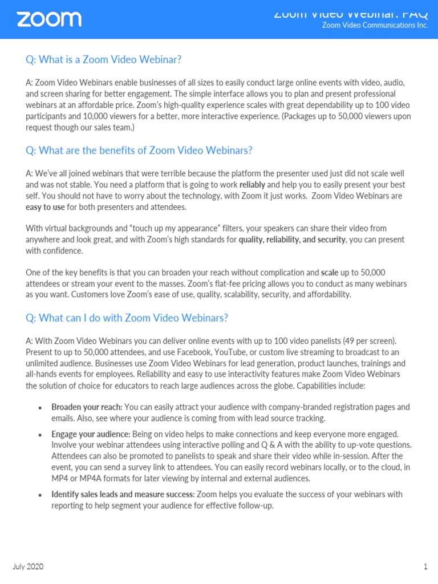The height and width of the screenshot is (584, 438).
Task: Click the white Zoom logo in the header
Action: click(x=49, y=19)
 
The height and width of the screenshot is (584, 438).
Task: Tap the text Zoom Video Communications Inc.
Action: click(x=375, y=26)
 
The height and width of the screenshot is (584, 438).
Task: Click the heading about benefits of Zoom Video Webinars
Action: click(x=139, y=151)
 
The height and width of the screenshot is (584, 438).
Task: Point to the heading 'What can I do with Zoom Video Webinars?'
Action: click(x=127, y=318)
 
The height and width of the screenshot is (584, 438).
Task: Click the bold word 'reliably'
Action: click(x=252, y=185)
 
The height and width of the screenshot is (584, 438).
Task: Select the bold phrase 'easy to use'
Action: click(x=45, y=207)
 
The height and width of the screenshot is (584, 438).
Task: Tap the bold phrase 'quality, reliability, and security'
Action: click(x=291, y=240)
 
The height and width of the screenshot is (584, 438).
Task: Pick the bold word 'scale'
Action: click(x=330, y=273)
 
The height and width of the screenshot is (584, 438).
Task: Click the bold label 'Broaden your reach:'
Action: click(x=87, y=407)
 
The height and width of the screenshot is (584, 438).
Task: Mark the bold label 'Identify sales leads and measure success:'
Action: click(x=123, y=494)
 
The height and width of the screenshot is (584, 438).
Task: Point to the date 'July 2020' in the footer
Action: click(x=28, y=566)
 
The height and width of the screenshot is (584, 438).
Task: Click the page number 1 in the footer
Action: click(x=425, y=566)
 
